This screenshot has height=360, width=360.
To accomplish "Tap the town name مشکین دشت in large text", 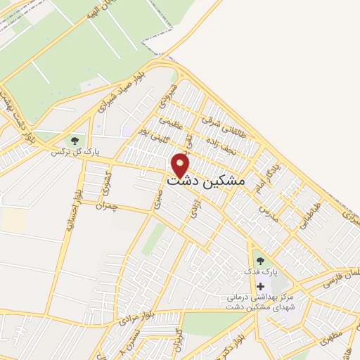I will [207, 181].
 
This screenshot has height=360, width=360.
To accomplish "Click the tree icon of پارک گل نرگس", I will [75, 141].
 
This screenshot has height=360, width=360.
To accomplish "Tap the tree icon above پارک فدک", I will [261, 260].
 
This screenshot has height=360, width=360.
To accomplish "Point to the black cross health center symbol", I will [261, 286].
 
